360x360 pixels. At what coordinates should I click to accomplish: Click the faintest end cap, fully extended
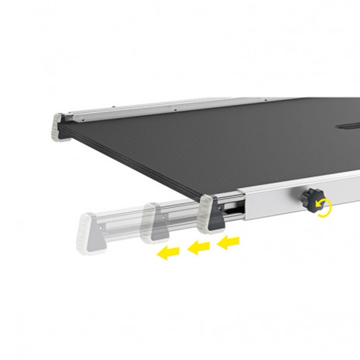(x=91, y=233)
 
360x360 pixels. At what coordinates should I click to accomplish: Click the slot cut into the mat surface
(x=348, y=126)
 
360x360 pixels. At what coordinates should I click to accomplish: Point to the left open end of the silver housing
(x=244, y=204)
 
